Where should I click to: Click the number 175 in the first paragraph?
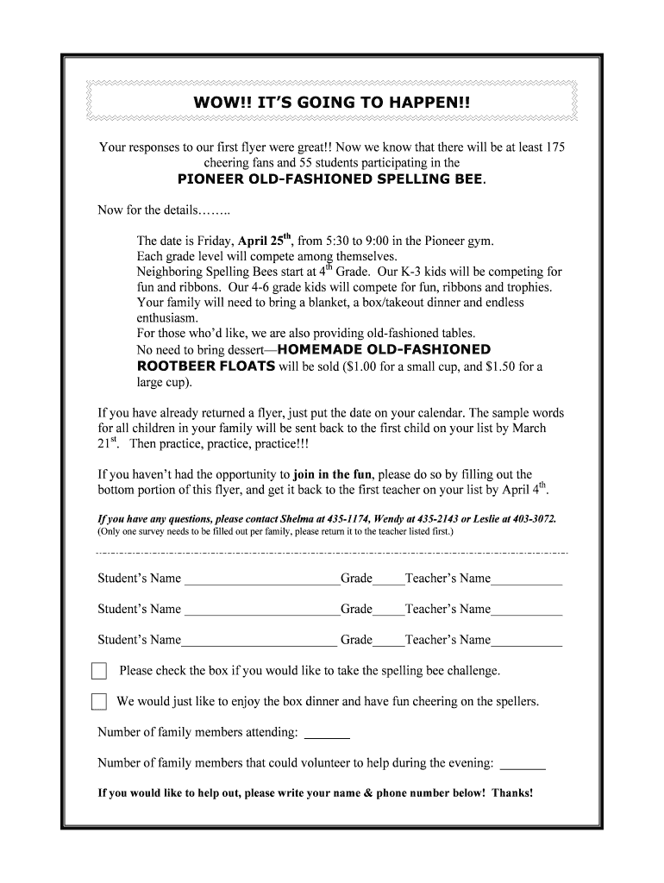554,147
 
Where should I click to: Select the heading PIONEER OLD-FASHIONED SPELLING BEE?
330,179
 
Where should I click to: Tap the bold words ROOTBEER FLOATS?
206,366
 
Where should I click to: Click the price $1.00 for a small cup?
360,366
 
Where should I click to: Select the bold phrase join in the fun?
333,474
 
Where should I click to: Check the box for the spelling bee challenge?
99,671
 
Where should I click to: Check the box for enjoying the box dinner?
99,702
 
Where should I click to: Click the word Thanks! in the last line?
513,793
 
